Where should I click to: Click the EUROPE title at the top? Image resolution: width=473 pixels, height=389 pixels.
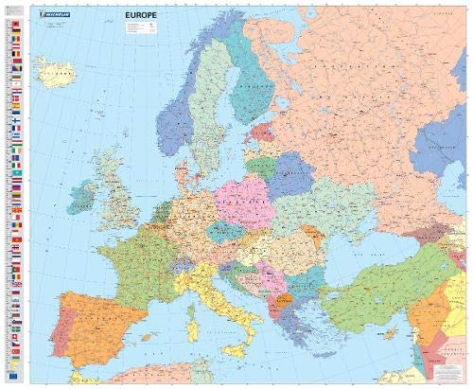click(142, 17)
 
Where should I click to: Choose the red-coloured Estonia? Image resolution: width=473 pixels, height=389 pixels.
click(258, 138)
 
